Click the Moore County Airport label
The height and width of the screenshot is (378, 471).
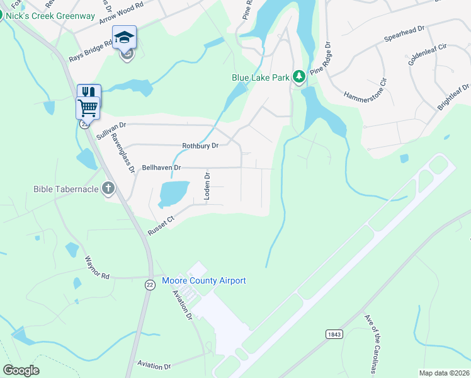click(204, 280)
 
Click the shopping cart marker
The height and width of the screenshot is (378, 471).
click(88, 108)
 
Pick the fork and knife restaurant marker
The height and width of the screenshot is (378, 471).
click(88, 92)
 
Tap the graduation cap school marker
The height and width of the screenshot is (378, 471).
click(124, 37)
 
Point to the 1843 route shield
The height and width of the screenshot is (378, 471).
click(334, 334)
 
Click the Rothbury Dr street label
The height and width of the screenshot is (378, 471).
click(200, 146)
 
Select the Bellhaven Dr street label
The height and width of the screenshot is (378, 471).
click(162, 168)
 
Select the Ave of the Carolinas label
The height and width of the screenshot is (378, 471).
click(373, 343)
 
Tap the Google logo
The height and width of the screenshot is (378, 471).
click(21, 370)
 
